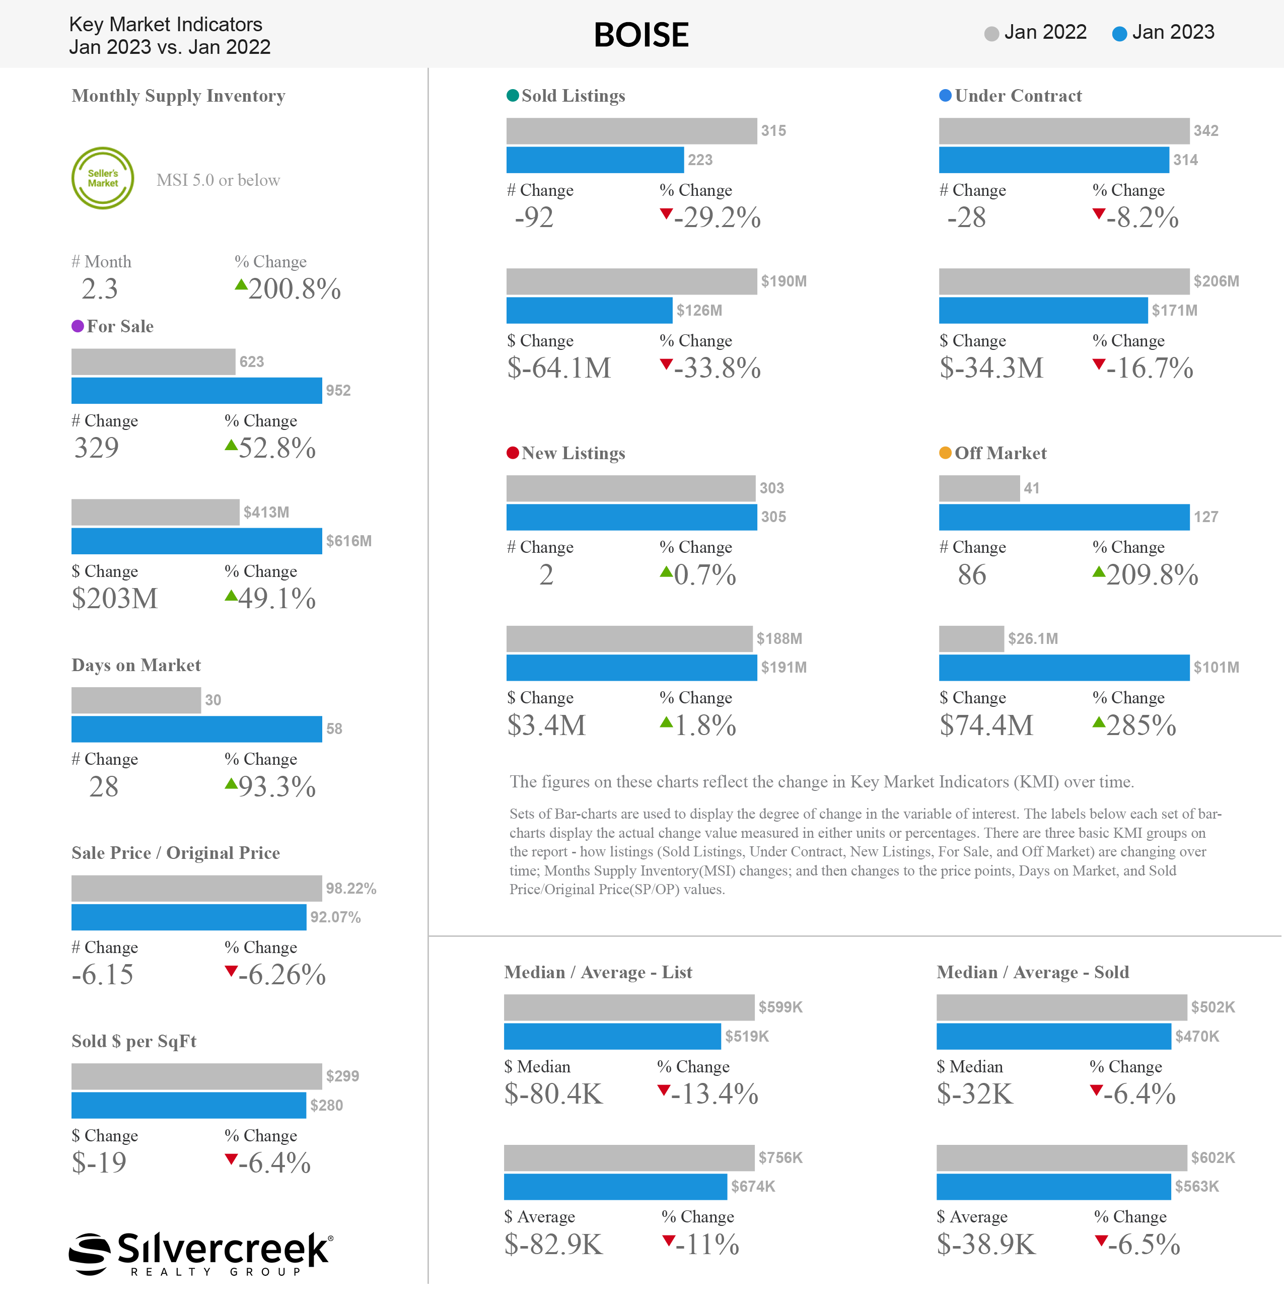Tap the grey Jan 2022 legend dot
[x=990, y=34]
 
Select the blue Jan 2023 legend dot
[x=1119, y=34]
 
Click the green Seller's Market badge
[x=103, y=178]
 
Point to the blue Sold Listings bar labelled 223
[x=595, y=160]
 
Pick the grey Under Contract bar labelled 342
[x=1063, y=131]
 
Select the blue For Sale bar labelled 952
[x=196, y=391]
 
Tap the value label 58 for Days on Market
[x=334, y=729]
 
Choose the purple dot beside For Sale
[x=78, y=326]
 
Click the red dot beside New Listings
[x=513, y=453]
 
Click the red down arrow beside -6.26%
[x=231, y=971]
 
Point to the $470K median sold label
[x=1197, y=1037]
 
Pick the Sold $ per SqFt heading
[x=133, y=1041]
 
